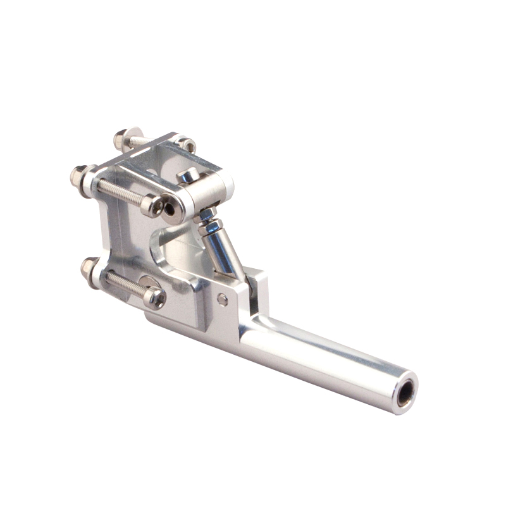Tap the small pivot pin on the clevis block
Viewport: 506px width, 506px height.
tap(223, 299)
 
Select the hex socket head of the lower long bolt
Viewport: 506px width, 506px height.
tap(154, 297)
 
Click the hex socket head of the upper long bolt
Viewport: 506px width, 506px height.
tap(152, 204)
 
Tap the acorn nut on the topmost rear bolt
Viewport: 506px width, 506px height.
tap(121, 139)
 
